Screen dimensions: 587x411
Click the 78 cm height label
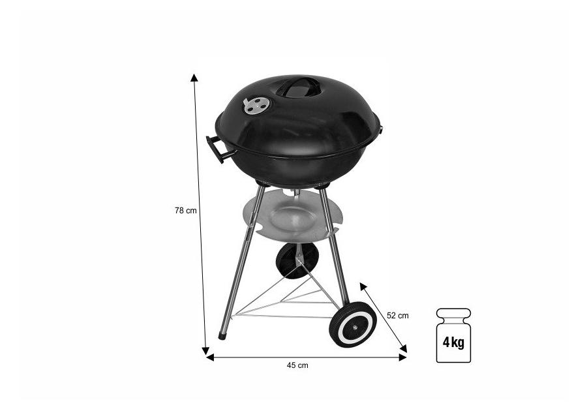click(186, 210)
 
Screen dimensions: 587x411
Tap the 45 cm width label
click(297, 365)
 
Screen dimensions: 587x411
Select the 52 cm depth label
click(398, 316)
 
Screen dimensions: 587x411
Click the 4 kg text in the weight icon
click(453, 342)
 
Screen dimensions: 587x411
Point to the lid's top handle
click(299, 87)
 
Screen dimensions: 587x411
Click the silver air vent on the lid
click(256, 105)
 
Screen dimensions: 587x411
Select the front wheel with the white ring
click(353, 324)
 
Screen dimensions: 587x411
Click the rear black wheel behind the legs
click(297, 261)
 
